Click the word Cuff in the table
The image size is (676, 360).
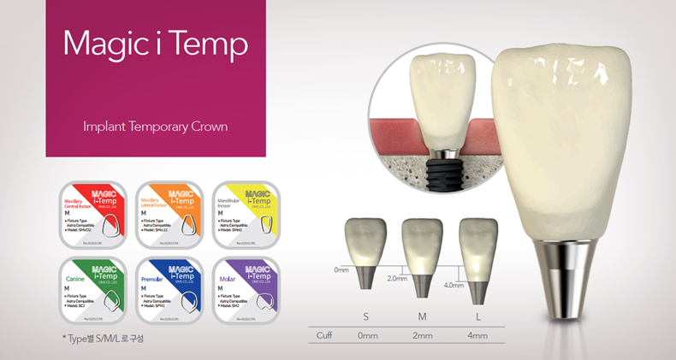coord(323,335)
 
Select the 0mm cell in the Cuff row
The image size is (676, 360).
coord(367,335)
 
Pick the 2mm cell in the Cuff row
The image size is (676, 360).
coord(422,335)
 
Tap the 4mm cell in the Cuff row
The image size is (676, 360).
coord(477,335)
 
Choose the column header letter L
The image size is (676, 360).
coord(477,317)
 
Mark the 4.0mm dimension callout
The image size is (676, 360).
coord(453,286)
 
